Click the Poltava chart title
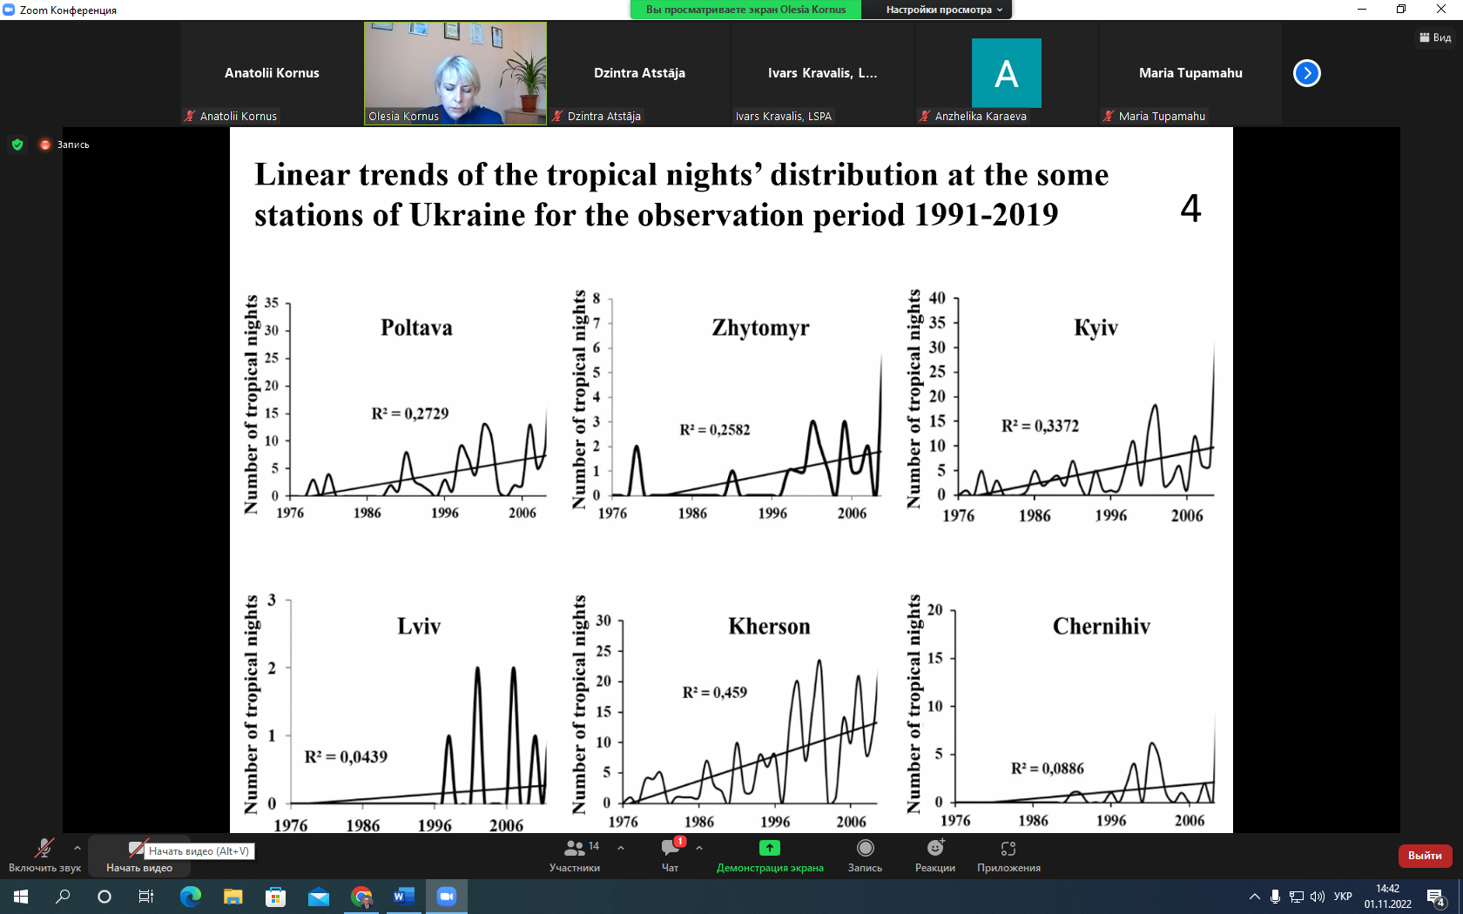click(x=416, y=327)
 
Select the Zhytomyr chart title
click(x=760, y=327)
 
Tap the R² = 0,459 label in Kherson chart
click(x=714, y=692)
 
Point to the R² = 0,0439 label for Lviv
click(x=346, y=756)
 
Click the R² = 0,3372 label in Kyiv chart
click(x=1041, y=426)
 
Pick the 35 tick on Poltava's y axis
click(x=271, y=302)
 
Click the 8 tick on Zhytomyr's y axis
click(x=596, y=299)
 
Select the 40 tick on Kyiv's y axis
click(x=937, y=298)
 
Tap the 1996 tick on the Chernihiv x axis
click(x=1111, y=820)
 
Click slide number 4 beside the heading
click(x=1190, y=209)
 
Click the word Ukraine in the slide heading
click(x=467, y=215)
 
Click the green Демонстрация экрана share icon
click(x=770, y=848)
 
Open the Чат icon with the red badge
click(x=671, y=848)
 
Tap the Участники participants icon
click(x=574, y=848)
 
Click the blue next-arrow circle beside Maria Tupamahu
click(x=1307, y=73)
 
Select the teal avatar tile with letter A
click(x=1007, y=73)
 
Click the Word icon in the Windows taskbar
click(x=404, y=897)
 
